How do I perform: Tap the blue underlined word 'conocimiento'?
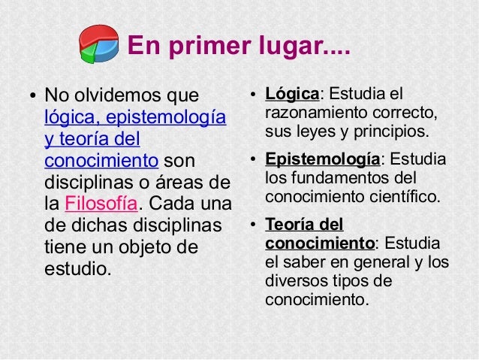[x=101, y=161]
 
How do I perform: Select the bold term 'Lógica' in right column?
[x=293, y=94]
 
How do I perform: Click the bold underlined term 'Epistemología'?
[x=323, y=159]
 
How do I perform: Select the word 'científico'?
[x=405, y=198]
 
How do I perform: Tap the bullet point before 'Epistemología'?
[x=254, y=160]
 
